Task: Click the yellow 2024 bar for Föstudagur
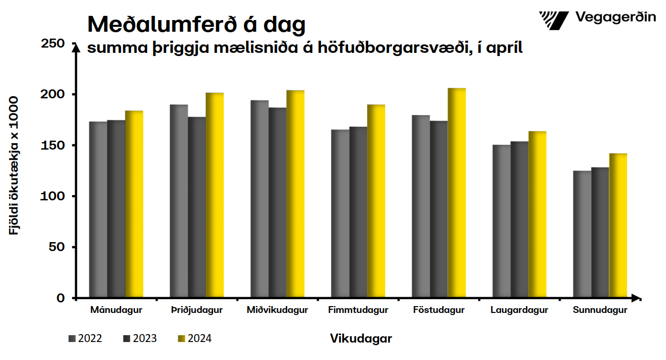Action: click(x=457, y=193)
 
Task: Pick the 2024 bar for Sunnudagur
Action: click(x=618, y=226)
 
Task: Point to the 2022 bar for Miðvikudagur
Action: click(x=259, y=199)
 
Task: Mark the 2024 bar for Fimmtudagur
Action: click(x=376, y=201)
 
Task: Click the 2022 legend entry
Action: click(x=85, y=339)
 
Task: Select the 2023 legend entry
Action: click(x=140, y=339)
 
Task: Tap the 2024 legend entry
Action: click(x=195, y=339)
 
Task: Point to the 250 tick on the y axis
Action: click(x=53, y=43)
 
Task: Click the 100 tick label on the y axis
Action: click(x=53, y=196)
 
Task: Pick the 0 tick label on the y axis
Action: click(x=60, y=298)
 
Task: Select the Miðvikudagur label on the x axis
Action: click(x=277, y=310)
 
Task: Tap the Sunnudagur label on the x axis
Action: click(x=600, y=310)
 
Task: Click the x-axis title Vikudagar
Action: click(x=361, y=339)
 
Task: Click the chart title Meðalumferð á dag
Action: click(x=196, y=24)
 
